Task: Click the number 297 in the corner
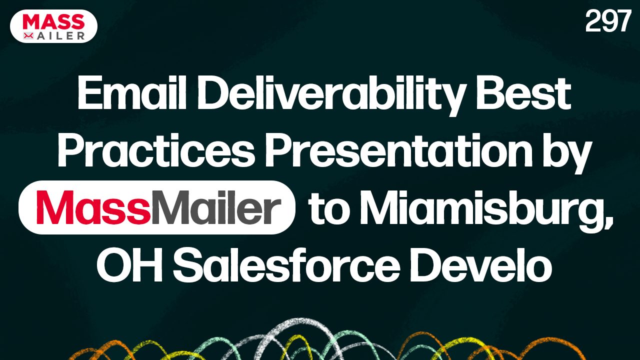click(x=607, y=21)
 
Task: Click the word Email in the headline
click(x=131, y=94)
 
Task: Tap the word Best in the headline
click(x=523, y=94)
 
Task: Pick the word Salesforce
click(x=286, y=265)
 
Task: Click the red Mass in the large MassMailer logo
click(x=93, y=207)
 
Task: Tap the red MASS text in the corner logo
click(x=54, y=21)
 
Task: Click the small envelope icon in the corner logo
click(x=28, y=35)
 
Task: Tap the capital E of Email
click(x=86, y=94)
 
